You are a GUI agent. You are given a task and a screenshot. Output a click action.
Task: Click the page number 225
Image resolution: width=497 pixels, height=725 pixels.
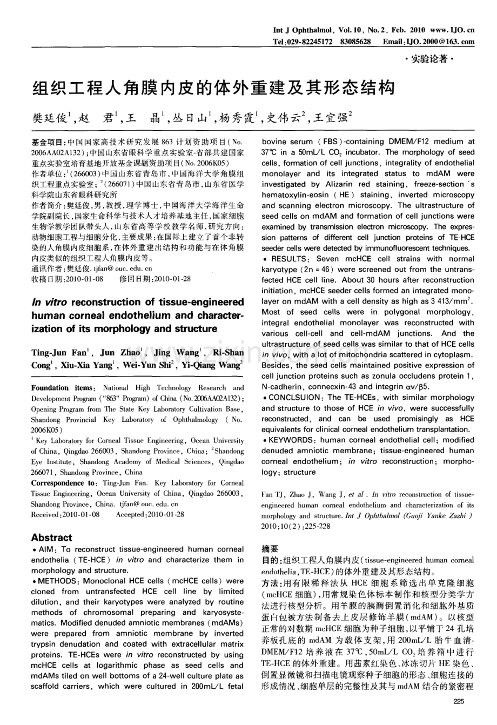point(459,701)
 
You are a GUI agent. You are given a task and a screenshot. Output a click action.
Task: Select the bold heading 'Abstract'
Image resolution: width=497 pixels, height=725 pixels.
point(51,538)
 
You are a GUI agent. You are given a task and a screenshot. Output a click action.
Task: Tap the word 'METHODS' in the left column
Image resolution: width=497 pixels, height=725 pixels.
point(56,581)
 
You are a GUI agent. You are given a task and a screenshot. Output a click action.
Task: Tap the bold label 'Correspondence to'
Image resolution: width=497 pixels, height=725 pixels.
point(63,483)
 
